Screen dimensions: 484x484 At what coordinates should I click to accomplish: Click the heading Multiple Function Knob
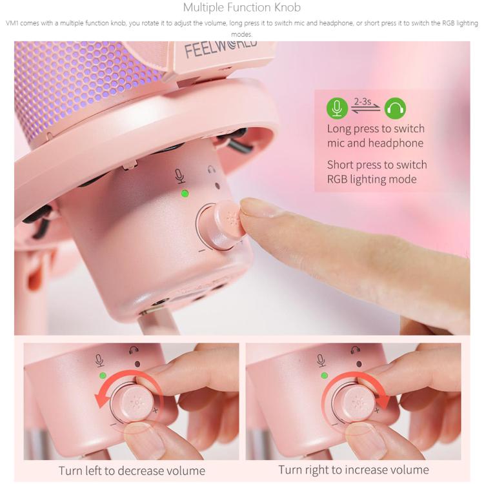pyautogui.click(x=242, y=7)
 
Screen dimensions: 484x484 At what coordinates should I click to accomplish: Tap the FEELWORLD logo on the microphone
pyautogui.click(x=221, y=48)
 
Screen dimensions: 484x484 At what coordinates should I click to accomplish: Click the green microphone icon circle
pyautogui.click(x=337, y=108)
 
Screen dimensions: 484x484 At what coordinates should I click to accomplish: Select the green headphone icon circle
pyautogui.click(x=395, y=108)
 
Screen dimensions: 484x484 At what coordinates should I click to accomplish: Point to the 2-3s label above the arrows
pyautogui.click(x=363, y=101)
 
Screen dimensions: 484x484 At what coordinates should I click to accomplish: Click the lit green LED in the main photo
pyautogui.click(x=185, y=194)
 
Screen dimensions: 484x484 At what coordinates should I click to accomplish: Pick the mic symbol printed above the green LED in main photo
pyautogui.click(x=179, y=176)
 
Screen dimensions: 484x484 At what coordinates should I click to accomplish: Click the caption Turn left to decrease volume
pyautogui.click(x=132, y=470)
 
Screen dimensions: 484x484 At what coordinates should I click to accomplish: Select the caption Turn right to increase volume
pyautogui.click(x=354, y=470)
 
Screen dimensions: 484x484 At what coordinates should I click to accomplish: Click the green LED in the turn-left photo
pyautogui.click(x=103, y=376)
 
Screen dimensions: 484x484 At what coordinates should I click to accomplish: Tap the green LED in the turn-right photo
pyautogui.click(x=325, y=376)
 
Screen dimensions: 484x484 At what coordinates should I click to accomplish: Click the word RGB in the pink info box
pyautogui.click(x=338, y=179)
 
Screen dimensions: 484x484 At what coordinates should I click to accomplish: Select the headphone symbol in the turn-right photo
pyautogui.click(x=356, y=350)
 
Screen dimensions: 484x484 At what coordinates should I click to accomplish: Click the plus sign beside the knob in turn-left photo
pyautogui.click(x=156, y=410)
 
